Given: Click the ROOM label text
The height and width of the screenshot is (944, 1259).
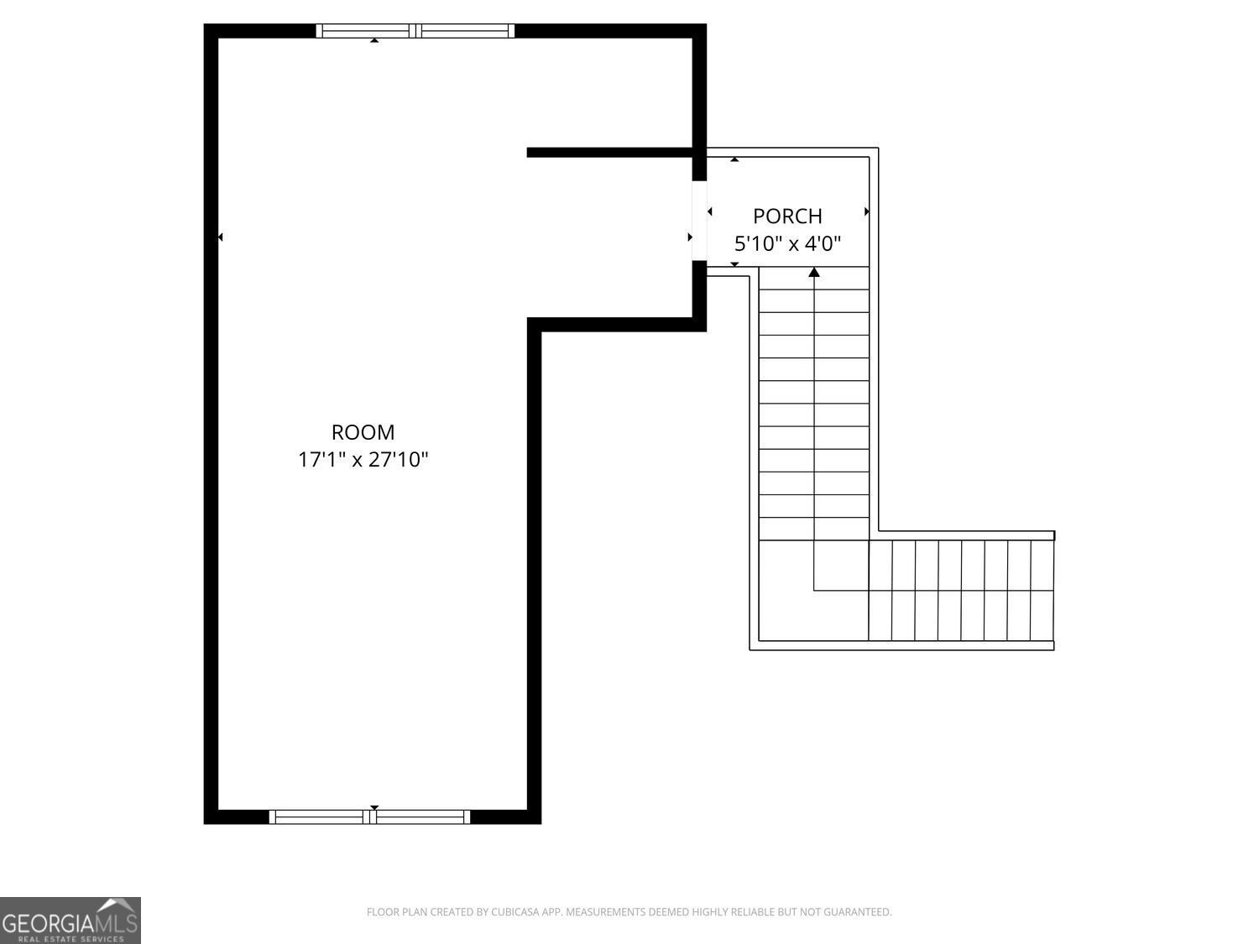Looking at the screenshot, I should tap(363, 432).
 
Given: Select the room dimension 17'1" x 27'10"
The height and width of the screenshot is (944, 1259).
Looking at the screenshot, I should tap(363, 460).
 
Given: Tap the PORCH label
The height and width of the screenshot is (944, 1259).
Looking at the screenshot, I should tap(786, 216).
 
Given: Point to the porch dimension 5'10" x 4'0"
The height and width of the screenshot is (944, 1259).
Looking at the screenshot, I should tap(787, 244).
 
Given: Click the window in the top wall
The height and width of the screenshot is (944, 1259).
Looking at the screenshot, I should tap(415, 31).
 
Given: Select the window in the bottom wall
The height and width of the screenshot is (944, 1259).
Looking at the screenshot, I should tap(369, 816).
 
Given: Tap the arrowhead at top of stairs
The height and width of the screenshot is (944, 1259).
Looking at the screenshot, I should tap(813, 272).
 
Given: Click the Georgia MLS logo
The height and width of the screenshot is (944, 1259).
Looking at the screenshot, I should tap(70, 921).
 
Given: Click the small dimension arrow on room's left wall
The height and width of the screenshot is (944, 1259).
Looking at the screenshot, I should tap(221, 237).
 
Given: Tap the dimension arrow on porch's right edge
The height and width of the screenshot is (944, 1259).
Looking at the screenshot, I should tap(866, 212).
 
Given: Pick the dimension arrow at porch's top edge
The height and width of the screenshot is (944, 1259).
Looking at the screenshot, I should tap(734, 159).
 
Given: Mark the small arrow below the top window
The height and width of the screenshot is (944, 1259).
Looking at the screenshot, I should tap(374, 39).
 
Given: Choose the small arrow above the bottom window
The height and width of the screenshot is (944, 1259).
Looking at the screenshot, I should tap(374, 807).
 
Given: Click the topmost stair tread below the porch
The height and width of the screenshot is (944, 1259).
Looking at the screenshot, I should tap(813, 279).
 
